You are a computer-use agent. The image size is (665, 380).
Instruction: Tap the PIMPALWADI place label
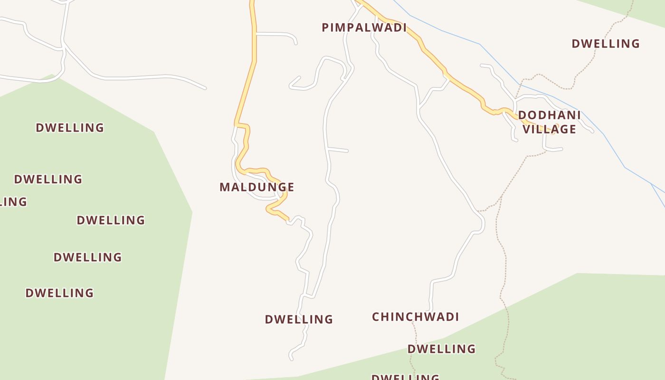click(x=364, y=28)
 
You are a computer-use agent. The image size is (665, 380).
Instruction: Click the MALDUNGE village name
click(x=257, y=187)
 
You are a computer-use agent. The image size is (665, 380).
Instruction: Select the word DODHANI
click(x=549, y=115)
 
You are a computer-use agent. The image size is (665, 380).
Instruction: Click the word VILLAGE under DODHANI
click(x=549, y=129)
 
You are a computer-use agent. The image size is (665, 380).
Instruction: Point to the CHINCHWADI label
click(x=415, y=317)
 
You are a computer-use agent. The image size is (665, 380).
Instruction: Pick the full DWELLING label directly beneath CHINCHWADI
click(x=441, y=349)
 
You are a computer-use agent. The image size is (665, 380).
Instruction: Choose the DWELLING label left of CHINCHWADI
click(x=299, y=319)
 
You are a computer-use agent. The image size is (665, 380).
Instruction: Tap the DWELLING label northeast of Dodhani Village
click(x=606, y=44)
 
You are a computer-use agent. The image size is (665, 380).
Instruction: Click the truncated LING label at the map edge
click(x=13, y=202)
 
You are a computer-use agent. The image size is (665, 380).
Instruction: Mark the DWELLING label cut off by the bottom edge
click(x=405, y=377)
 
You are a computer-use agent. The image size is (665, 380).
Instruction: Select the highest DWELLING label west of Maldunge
click(x=70, y=128)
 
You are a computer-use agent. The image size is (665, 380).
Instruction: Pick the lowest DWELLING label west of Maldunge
click(x=59, y=293)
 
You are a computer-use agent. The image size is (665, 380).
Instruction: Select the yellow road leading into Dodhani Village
click(x=465, y=88)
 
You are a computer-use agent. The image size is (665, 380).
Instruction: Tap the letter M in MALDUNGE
click(x=225, y=187)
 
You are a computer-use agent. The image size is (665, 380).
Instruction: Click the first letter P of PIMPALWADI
click(x=325, y=28)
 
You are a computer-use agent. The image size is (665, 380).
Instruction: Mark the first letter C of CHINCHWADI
click(x=376, y=317)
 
